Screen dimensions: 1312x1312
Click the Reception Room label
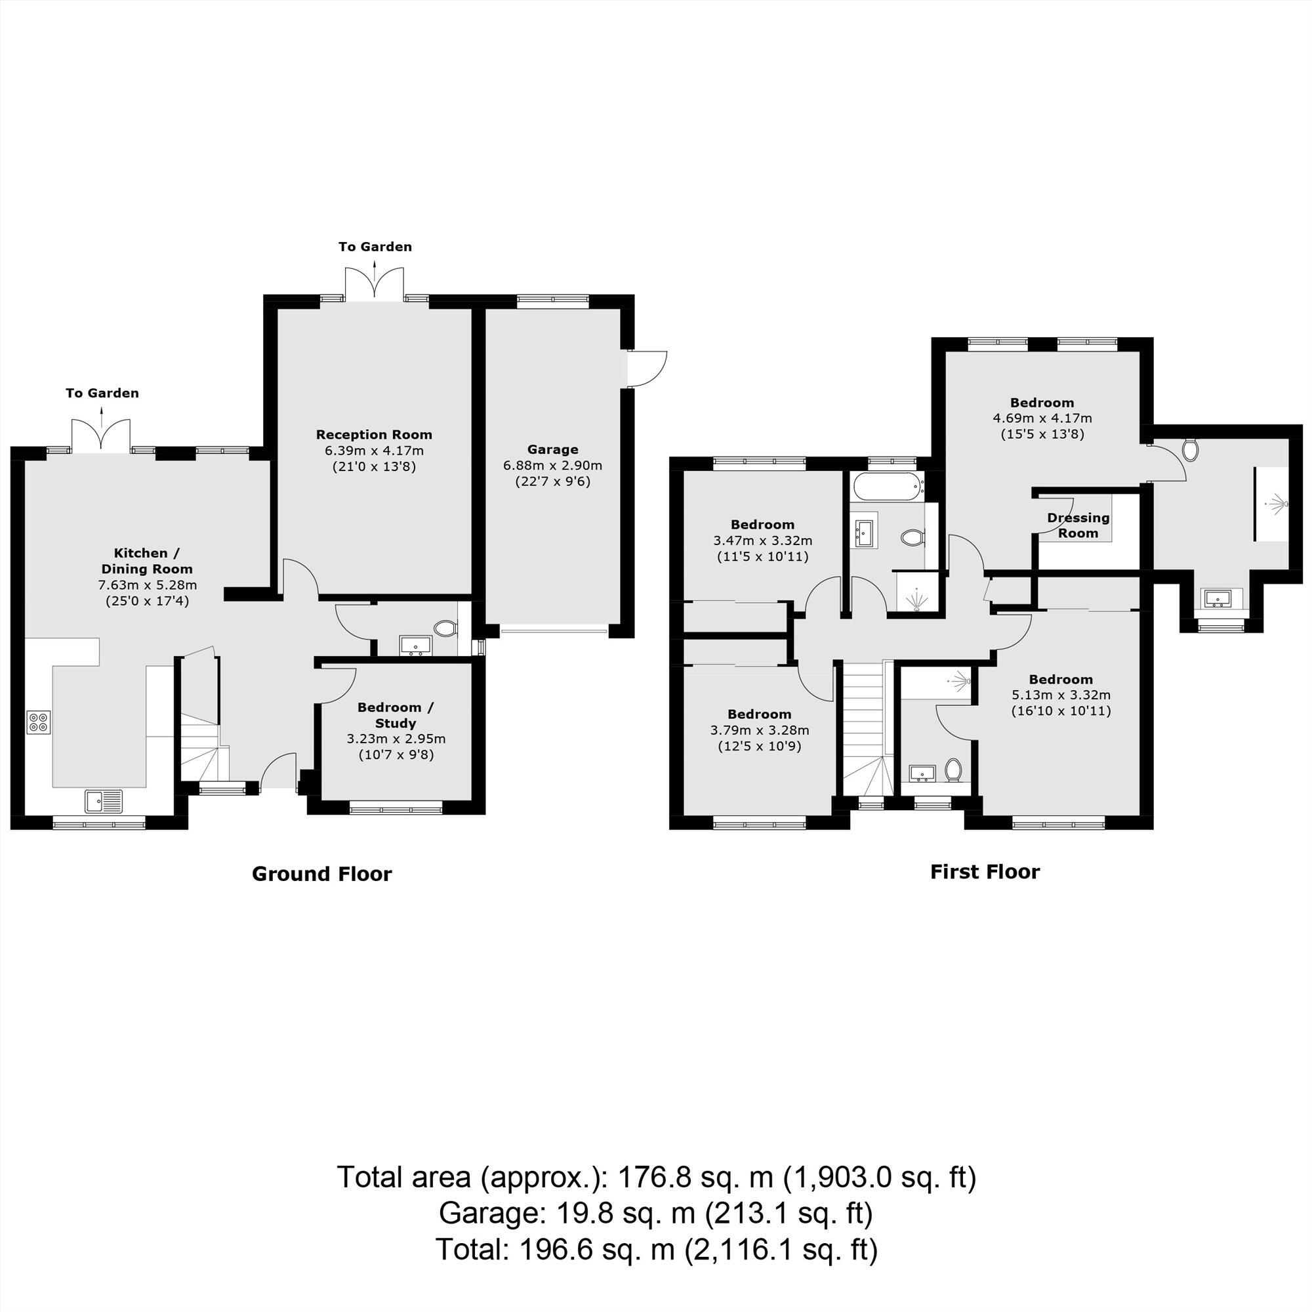tap(373, 435)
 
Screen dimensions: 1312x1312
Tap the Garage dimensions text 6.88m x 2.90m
tap(552, 466)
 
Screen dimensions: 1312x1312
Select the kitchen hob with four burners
tap(39, 722)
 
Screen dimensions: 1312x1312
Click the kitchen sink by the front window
tap(104, 802)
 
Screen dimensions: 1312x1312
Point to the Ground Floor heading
tap(321, 874)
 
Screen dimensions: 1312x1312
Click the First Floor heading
tap(984, 872)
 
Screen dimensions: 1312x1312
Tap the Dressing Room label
tap(1078, 525)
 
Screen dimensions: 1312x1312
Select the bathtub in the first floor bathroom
tap(888, 486)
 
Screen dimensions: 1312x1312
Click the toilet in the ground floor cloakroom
tap(445, 629)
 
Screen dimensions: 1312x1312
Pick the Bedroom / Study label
tap(395, 715)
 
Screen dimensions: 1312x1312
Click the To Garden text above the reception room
tap(375, 247)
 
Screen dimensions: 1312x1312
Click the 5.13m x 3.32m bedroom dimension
tap(1061, 695)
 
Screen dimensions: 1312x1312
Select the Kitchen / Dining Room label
tap(147, 561)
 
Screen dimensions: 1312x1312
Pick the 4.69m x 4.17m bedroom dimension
tap(1042, 419)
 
